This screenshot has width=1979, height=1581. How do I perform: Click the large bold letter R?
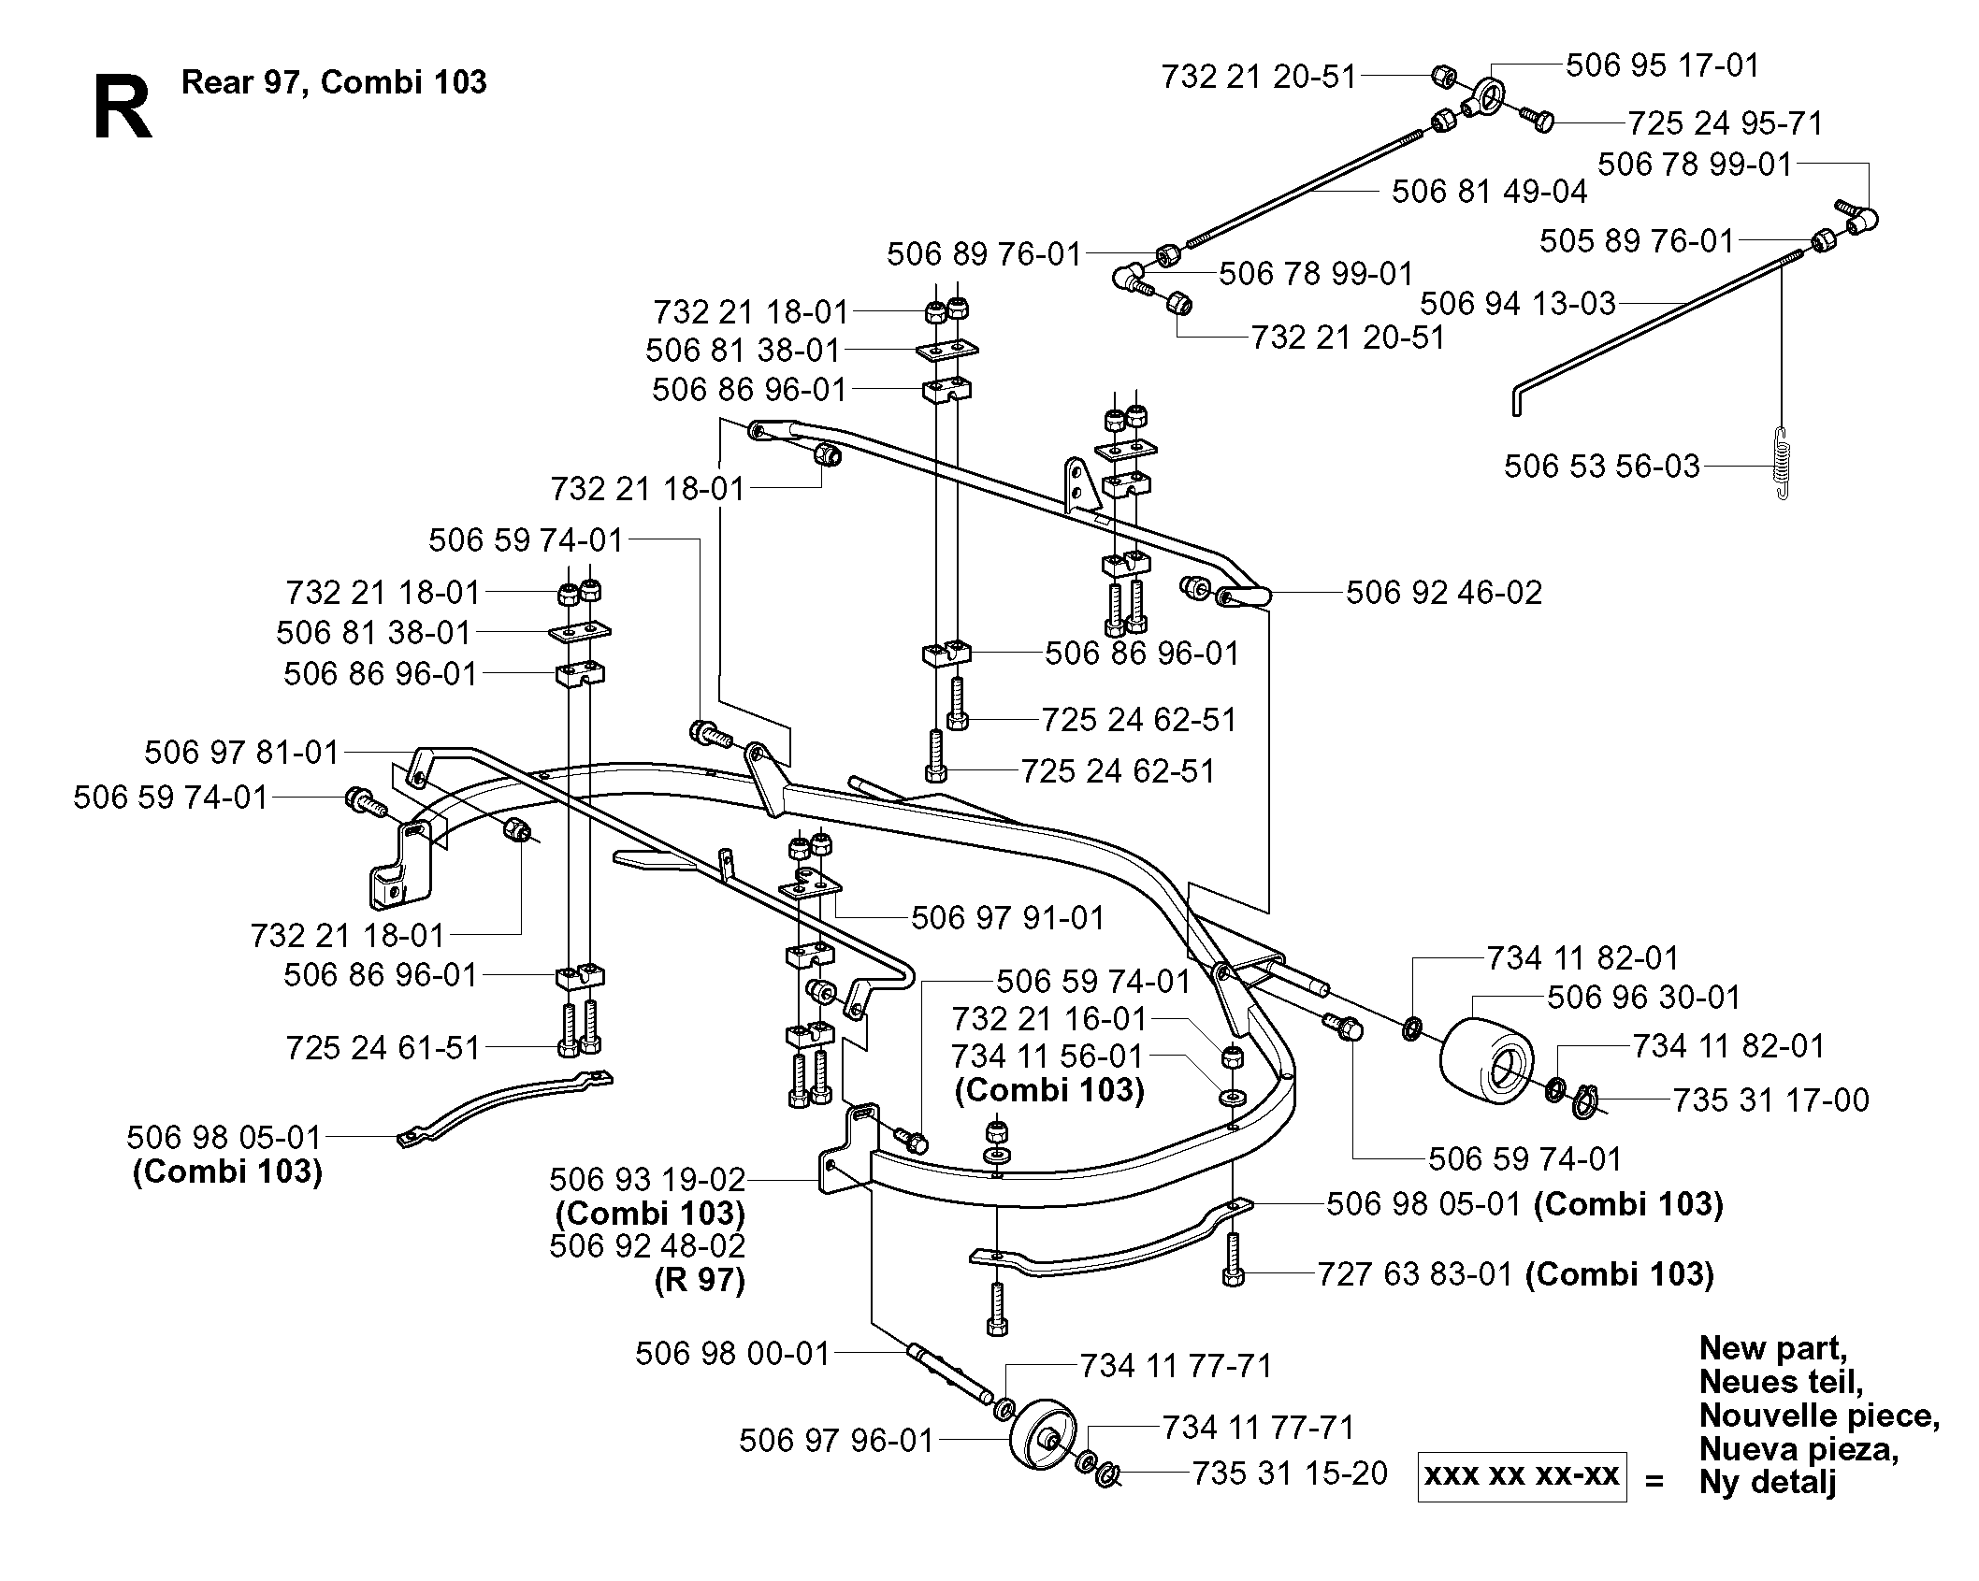tap(123, 108)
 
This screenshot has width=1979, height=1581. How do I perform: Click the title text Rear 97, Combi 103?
tap(334, 82)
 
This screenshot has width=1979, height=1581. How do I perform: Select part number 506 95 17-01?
tap(1662, 65)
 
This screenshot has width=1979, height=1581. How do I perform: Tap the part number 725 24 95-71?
tap(1726, 123)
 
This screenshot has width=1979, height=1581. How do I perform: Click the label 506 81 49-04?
tap(1489, 192)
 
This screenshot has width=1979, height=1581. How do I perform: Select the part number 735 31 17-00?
tap(1770, 1100)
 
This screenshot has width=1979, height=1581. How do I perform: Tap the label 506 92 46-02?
tap(1444, 593)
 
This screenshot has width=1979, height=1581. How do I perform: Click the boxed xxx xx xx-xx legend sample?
tap(1522, 1475)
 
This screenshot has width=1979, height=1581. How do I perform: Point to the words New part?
tap(1772, 1348)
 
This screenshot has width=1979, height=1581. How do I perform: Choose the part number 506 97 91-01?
tap(1008, 917)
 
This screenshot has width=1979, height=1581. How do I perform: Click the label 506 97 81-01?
tap(241, 752)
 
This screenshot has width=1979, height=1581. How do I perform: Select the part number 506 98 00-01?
tap(732, 1353)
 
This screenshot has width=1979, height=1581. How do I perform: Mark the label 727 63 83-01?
tap(1414, 1273)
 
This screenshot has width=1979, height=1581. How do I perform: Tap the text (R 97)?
tap(700, 1280)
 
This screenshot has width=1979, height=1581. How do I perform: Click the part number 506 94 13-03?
tap(1518, 303)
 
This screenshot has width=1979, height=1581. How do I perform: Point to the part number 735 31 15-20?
tap(1290, 1473)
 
